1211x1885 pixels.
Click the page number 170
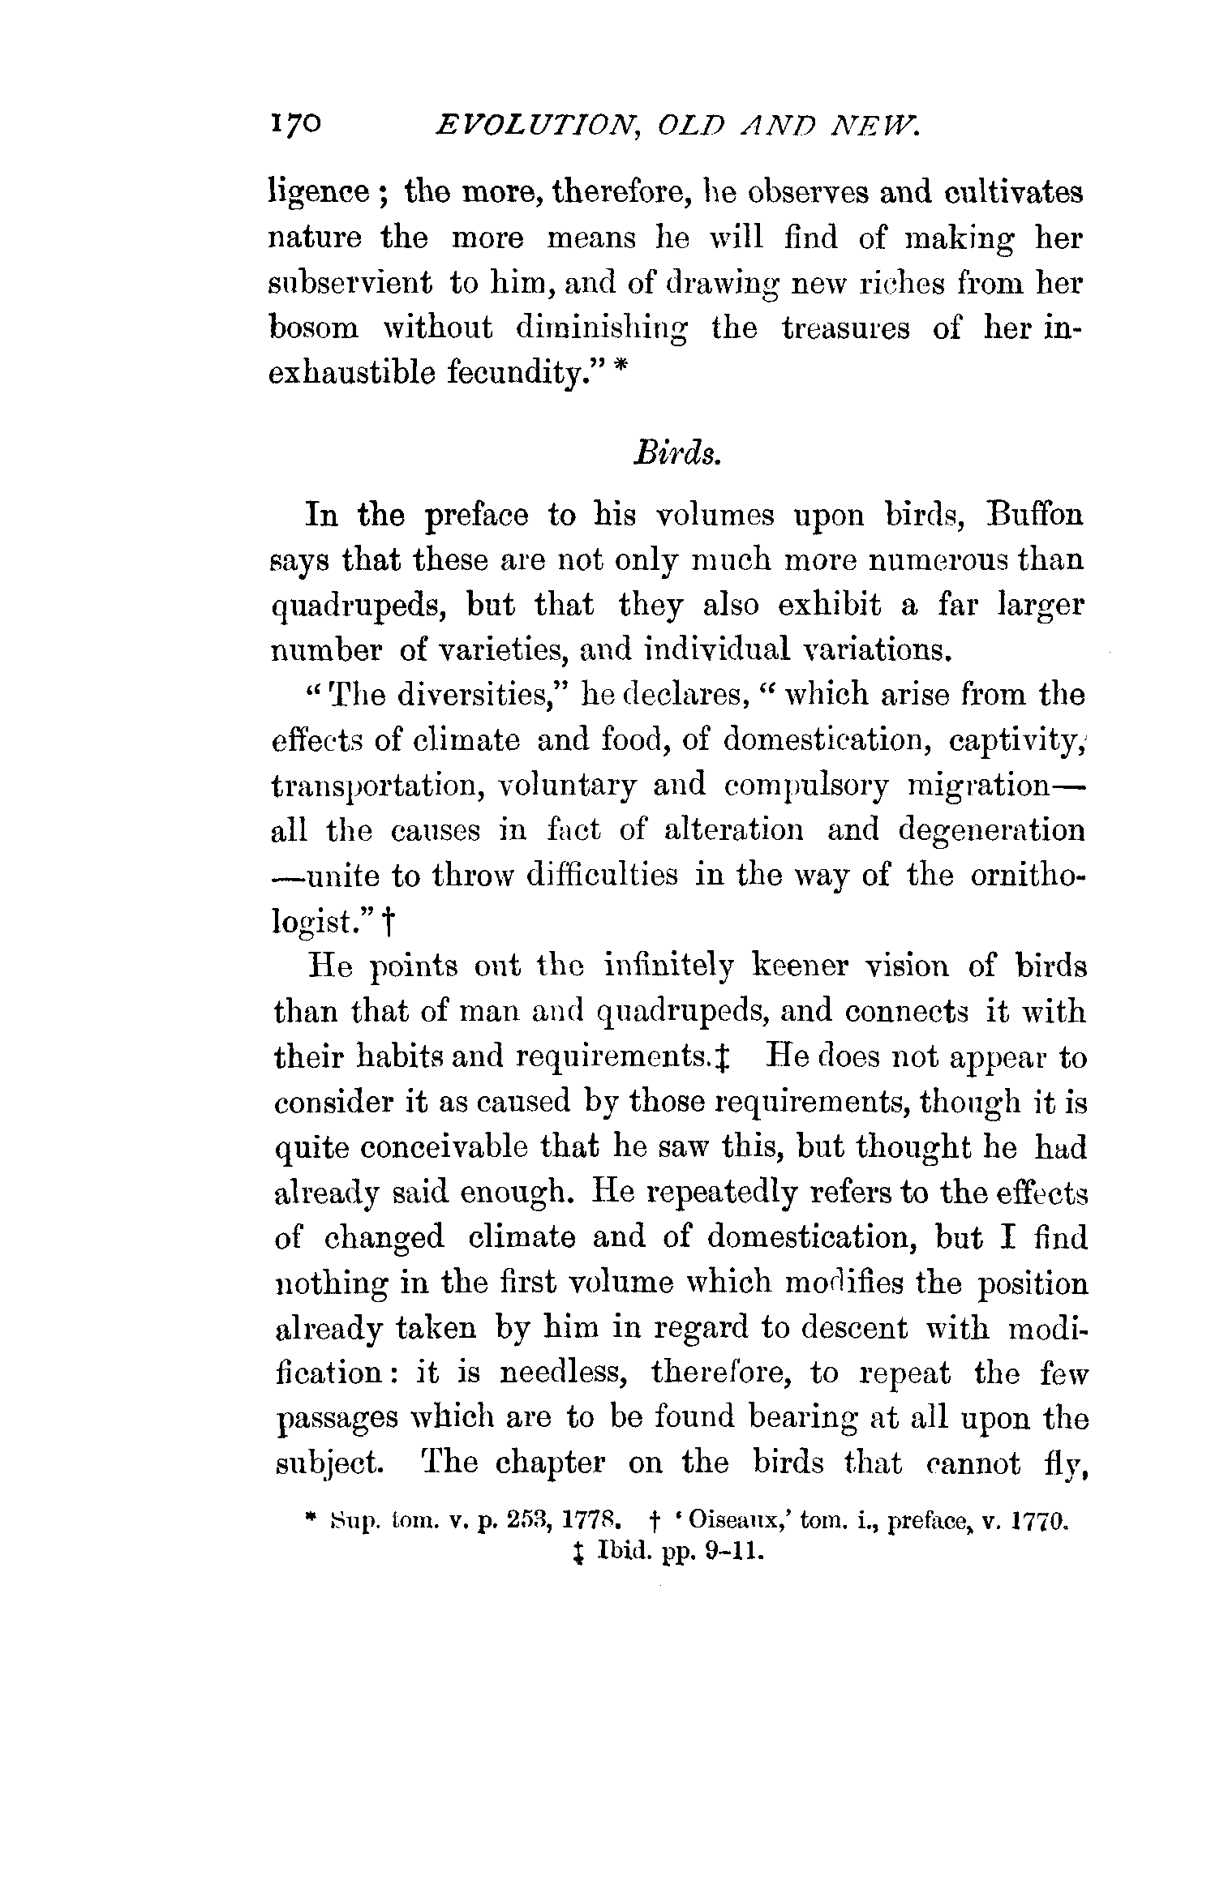coord(294,126)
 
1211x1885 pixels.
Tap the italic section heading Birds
coord(675,454)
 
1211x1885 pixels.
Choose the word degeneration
coord(992,831)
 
